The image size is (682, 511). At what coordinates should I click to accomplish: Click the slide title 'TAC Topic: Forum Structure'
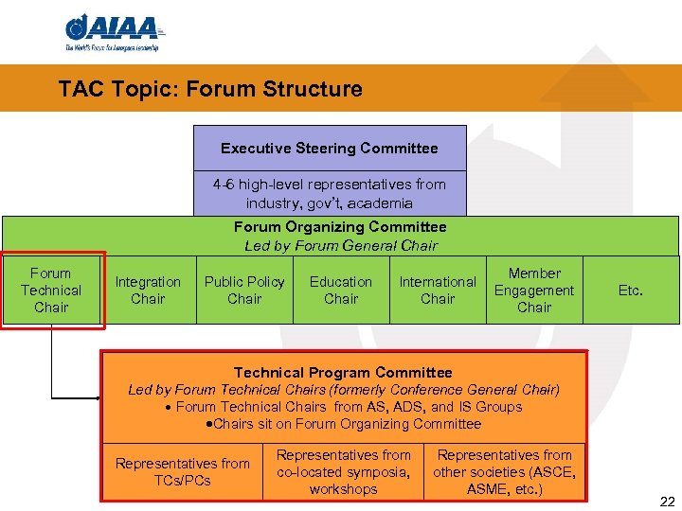tap(209, 90)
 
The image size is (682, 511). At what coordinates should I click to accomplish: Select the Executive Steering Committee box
tap(330, 149)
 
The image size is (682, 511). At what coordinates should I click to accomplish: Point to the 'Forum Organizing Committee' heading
tap(340, 227)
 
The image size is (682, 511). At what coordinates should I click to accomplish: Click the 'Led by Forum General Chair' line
tap(340, 246)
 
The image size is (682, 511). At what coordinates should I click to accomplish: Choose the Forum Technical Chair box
tap(52, 291)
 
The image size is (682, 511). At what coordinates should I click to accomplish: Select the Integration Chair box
tap(148, 291)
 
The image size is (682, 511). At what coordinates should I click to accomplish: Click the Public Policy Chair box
tap(244, 291)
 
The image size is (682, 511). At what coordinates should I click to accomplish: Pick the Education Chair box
tap(341, 291)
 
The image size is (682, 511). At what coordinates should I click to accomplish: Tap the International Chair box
tap(438, 291)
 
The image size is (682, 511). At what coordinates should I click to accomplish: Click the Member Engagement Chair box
tap(534, 291)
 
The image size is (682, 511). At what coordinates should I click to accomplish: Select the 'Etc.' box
tap(631, 291)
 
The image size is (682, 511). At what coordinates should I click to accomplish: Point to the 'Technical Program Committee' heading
tap(343, 373)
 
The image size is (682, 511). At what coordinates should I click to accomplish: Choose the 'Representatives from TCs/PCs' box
tap(182, 471)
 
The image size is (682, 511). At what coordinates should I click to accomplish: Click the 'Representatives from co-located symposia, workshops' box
tap(343, 471)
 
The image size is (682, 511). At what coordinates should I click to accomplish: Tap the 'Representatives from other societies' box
tap(505, 471)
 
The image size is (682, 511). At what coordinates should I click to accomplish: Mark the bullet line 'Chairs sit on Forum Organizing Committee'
tap(343, 424)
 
